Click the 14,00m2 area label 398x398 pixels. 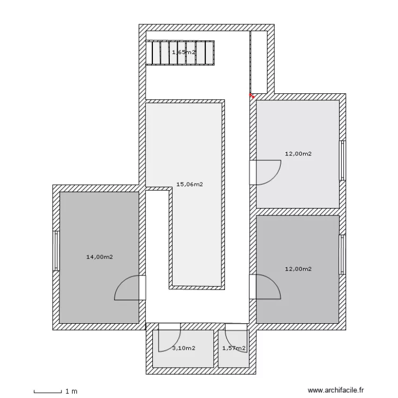pos(100,257)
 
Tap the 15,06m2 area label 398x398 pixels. pos(189,184)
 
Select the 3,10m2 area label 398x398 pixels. pos(184,348)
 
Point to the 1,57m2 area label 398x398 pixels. pos(234,348)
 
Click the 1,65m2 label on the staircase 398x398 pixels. pos(184,53)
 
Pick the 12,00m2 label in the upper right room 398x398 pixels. pos(298,153)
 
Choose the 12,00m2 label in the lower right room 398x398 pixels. pos(298,269)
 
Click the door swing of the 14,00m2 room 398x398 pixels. pos(122,282)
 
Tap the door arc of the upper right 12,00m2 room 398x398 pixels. pos(274,178)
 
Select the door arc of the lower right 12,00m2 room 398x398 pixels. pos(274,281)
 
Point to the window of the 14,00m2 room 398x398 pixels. pos(56,251)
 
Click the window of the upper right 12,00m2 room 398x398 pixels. pos(343,160)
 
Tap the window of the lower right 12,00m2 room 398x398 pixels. pos(343,255)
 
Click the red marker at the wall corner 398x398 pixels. pos(252,96)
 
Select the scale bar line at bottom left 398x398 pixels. pos(48,393)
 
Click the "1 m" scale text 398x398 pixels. pos(71,392)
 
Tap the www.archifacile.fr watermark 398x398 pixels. pos(336,390)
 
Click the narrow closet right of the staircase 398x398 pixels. pos(258,62)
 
